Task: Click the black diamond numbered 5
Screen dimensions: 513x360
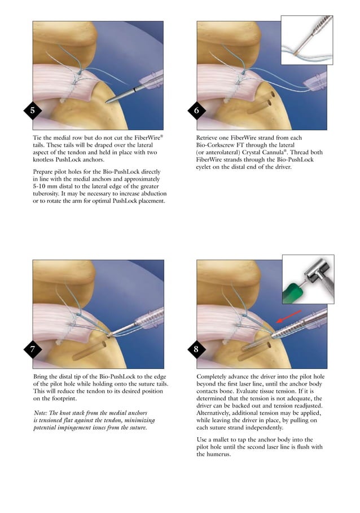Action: (x=32, y=111)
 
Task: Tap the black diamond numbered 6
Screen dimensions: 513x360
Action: (x=196, y=111)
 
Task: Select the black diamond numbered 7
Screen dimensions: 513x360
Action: (x=32, y=349)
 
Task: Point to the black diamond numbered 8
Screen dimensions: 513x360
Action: (x=196, y=349)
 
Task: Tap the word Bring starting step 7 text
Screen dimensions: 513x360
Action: (x=42, y=376)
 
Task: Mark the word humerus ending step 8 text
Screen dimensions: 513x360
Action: (x=209, y=454)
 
